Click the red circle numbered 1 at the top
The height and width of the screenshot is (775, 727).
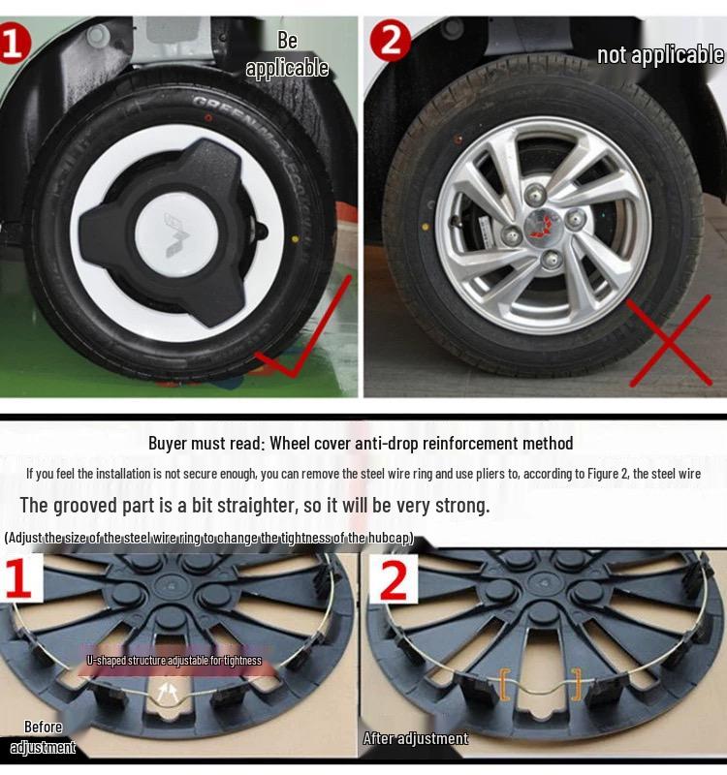pyautogui.click(x=13, y=45)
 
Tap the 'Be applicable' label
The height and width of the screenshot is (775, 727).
pyautogui.click(x=287, y=54)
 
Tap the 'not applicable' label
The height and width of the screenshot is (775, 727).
pyautogui.click(x=660, y=54)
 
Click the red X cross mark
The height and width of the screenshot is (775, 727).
pyautogui.click(x=669, y=341)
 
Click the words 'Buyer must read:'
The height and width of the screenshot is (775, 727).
pyautogui.click(x=205, y=444)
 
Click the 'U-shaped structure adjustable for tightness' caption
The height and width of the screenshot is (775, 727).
pyautogui.click(x=174, y=661)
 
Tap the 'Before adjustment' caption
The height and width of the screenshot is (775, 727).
pyautogui.click(x=43, y=737)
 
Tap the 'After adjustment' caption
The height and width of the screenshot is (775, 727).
pyautogui.click(x=415, y=738)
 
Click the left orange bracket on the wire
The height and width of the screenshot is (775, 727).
pyautogui.click(x=504, y=684)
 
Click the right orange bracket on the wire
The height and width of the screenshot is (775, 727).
pyautogui.click(x=577, y=684)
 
